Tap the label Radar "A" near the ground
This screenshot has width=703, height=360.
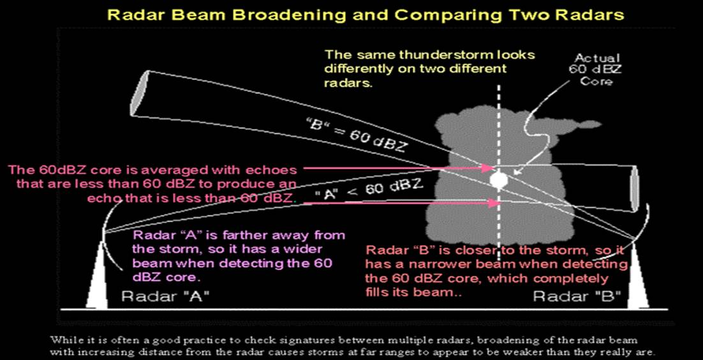165,296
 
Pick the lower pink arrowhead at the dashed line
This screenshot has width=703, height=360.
494,204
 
